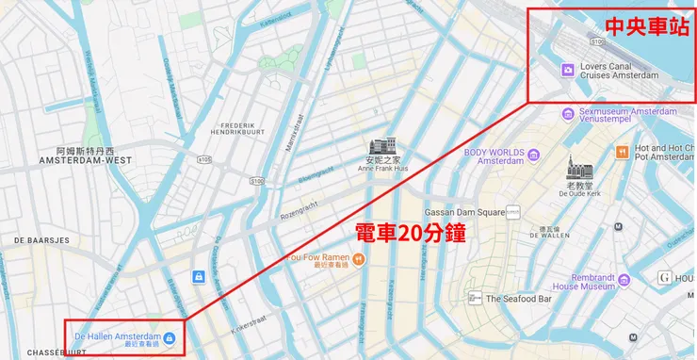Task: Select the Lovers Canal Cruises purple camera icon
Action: tap(568, 70)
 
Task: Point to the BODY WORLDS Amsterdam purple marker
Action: tap(533, 155)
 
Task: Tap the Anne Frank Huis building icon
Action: tap(383, 148)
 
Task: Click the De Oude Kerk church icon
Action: tap(579, 169)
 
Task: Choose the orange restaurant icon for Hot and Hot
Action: tap(622, 153)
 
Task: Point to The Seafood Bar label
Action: tap(523, 299)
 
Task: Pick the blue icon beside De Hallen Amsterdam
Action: tap(169, 337)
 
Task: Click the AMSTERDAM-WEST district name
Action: tap(84, 161)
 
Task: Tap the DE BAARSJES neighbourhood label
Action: tap(42, 240)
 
